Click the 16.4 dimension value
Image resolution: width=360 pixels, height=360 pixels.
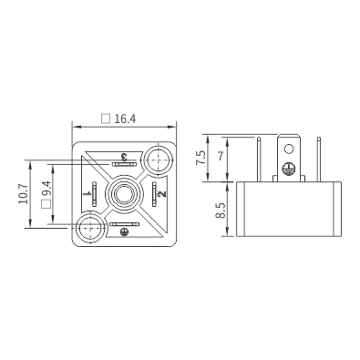click(125, 118)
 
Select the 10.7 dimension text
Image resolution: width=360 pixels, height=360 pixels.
click(24, 194)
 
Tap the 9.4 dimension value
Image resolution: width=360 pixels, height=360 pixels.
click(46, 190)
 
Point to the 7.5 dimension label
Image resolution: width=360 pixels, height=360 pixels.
click(201, 159)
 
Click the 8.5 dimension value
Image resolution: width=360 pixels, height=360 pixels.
click(221, 211)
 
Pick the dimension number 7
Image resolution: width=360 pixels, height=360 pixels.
click(221, 156)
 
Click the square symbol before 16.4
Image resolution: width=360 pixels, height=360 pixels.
click(106, 118)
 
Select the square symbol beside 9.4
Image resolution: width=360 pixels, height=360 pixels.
click(46, 204)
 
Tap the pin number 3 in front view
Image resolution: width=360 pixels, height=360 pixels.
click(124, 158)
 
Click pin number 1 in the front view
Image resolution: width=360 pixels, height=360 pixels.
click(89, 193)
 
